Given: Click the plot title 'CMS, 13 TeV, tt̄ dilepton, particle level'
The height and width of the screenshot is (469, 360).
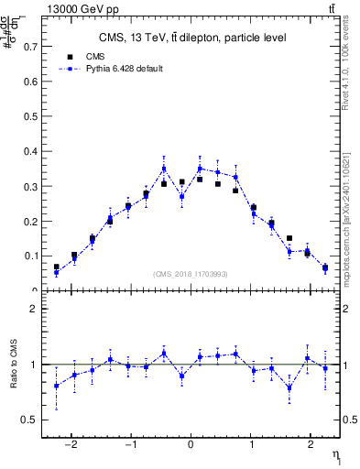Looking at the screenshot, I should (x=192, y=38).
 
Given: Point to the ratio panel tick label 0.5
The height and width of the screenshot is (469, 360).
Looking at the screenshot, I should (x=30, y=420).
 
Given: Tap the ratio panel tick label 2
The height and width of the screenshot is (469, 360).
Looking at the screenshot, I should (x=33, y=309).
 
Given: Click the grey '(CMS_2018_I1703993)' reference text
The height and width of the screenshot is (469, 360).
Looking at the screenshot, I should (x=191, y=273).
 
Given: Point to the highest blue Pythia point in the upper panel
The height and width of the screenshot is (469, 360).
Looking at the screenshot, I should (x=164, y=169).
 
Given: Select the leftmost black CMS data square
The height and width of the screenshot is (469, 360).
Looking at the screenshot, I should (x=57, y=267).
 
